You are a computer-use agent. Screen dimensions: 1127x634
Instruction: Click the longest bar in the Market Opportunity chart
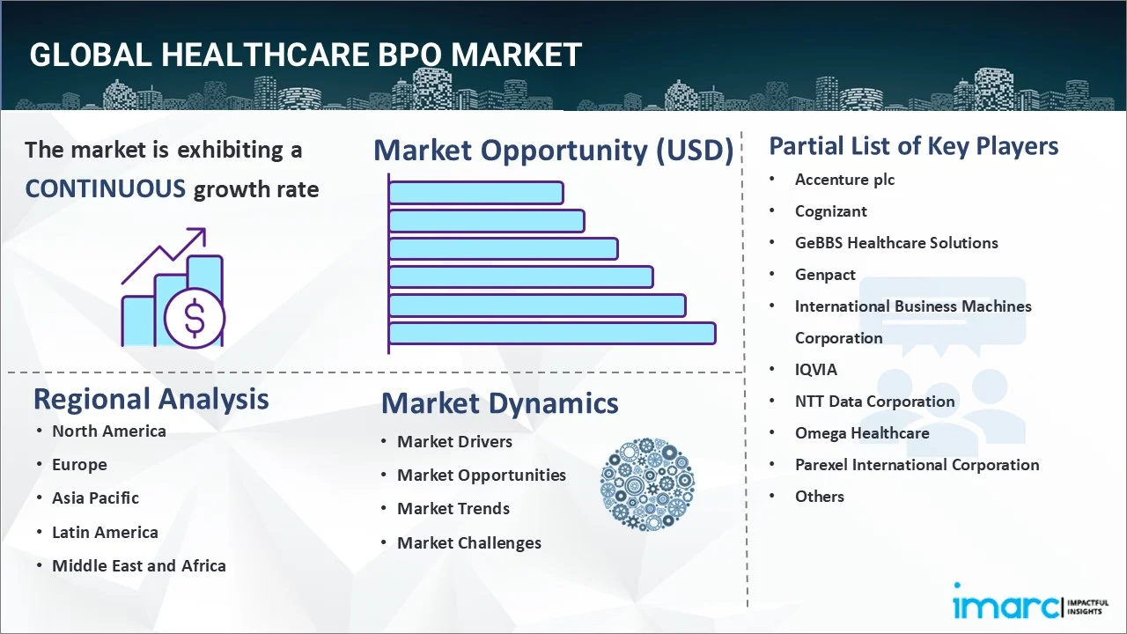[552, 334]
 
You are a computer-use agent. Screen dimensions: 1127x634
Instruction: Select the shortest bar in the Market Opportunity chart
[476, 193]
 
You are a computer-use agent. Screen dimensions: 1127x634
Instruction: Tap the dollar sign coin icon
[195, 319]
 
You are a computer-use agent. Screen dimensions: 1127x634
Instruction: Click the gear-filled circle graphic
[647, 484]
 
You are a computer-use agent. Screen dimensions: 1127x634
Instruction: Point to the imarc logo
[1031, 601]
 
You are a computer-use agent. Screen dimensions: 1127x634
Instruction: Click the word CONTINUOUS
[106, 188]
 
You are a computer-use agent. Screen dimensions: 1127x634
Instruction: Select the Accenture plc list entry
[844, 180]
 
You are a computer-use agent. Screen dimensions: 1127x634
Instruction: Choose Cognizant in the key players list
[830, 211]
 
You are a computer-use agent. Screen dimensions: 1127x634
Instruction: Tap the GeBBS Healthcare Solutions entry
[896, 243]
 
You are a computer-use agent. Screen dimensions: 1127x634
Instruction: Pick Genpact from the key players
[825, 275]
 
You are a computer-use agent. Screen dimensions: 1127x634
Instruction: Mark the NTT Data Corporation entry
[875, 402]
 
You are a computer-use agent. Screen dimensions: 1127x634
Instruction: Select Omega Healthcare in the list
[862, 433]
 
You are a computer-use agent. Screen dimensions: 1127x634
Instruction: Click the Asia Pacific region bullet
[96, 498]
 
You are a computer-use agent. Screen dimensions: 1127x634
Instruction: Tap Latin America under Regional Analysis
[105, 533]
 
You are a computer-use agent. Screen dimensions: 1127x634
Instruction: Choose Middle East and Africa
[139, 566]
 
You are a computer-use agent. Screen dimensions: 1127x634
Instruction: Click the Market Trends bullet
[453, 509]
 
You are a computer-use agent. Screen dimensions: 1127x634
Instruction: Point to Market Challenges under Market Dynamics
[469, 543]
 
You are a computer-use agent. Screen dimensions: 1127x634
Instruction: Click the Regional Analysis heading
[151, 400]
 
